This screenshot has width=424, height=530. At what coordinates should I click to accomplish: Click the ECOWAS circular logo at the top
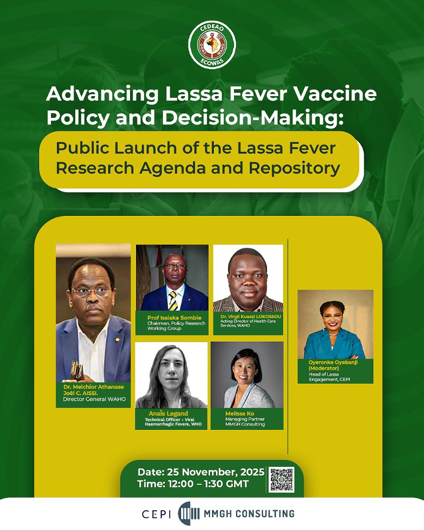click(x=212, y=45)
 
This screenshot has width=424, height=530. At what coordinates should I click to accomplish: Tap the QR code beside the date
click(x=282, y=479)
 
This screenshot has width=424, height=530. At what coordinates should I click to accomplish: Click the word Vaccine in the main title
click(x=341, y=94)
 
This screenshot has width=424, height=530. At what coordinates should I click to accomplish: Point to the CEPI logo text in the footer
click(x=156, y=514)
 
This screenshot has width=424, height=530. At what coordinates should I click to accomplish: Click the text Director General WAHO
click(x=94, y=399)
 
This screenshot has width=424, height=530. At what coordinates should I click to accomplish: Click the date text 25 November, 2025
click(x=201, y=472)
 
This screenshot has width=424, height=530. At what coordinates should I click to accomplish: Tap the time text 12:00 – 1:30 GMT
click(x=193, y=484)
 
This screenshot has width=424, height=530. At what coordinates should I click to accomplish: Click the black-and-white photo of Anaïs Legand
click(x=171, y=375)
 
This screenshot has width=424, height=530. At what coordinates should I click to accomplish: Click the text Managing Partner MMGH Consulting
click(x=245, y=422)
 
